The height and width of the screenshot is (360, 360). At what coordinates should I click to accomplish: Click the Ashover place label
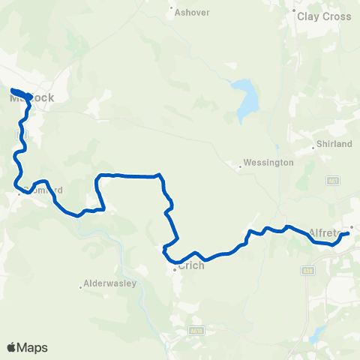191,13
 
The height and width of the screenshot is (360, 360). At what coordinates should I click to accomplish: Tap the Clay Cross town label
324,16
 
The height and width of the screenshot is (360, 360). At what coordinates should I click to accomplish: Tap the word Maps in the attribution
34,347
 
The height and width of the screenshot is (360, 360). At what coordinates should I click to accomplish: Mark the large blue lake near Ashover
244,100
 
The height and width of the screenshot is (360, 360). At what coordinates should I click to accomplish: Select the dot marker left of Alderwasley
81,286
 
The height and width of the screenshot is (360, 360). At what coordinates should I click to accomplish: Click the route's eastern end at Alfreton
349,235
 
